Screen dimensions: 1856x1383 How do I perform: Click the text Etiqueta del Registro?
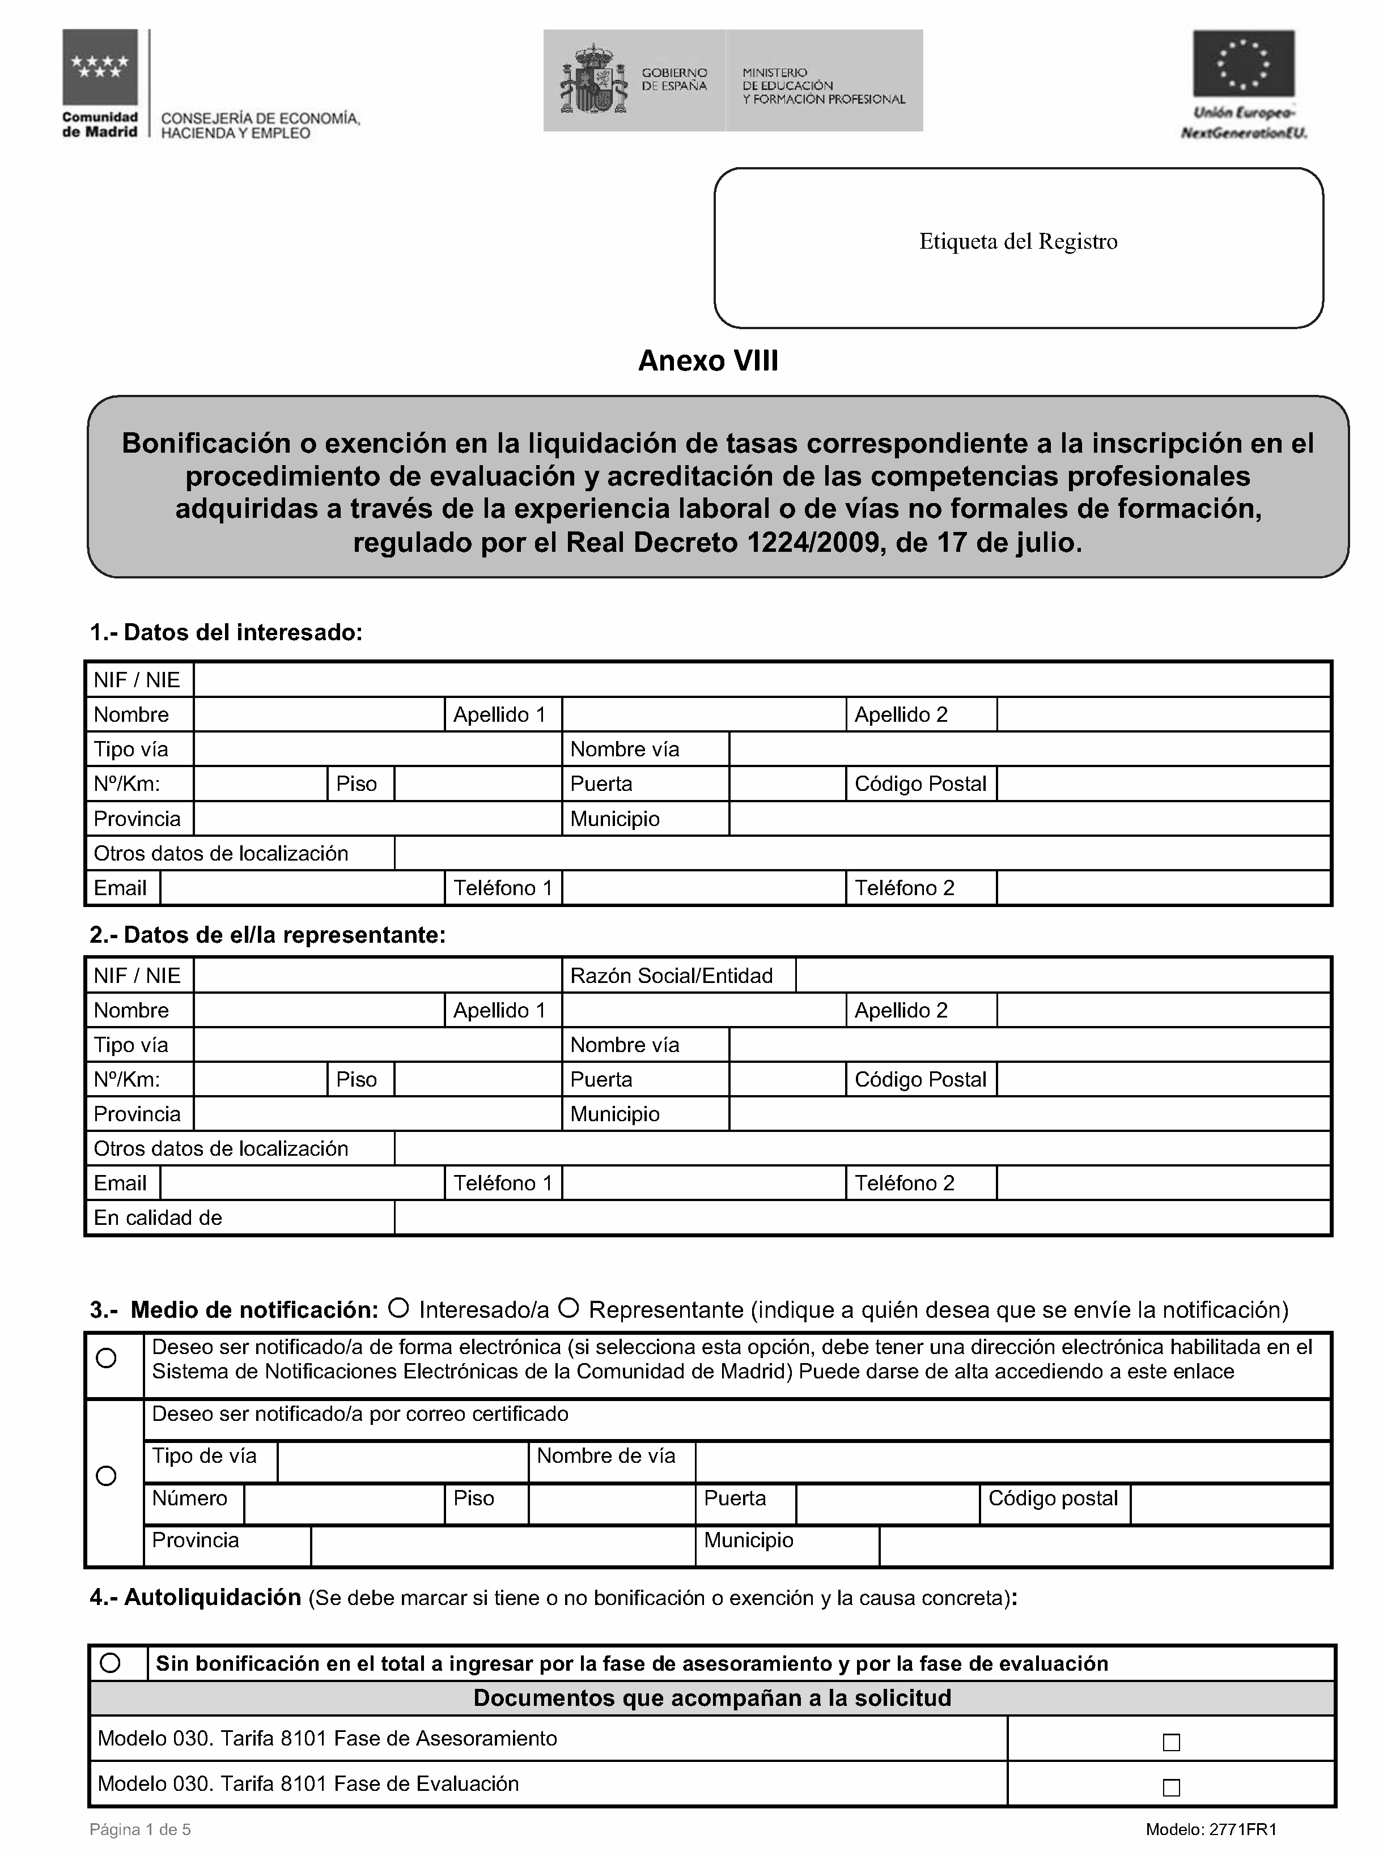tap(1018, 242)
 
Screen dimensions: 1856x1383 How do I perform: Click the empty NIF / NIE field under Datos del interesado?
tap(761, 679)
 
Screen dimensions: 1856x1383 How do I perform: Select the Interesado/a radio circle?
tap(400, 1307)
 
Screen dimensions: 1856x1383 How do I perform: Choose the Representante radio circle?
tap(569, 1307)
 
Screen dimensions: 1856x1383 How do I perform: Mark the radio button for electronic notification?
tap(107, 1358)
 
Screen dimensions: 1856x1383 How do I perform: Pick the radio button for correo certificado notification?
tap(107, 1476)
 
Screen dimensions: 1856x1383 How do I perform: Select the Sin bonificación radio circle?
tap(109, 1663)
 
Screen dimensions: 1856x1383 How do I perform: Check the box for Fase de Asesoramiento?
tap(1171, 1742)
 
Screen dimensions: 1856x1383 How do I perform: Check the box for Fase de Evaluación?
tap(1171, 1787)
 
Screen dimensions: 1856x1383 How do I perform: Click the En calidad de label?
tap(158, 1218)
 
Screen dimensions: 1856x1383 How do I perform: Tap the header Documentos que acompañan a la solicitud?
tap(711, 1698)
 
